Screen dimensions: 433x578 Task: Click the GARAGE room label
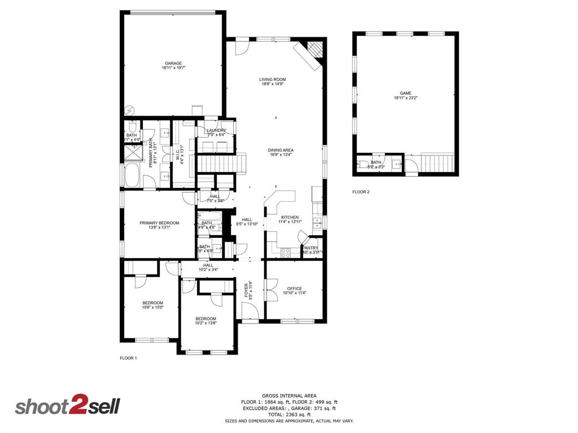[x=173, y=63]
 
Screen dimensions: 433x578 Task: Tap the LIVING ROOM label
[x=273, y=79]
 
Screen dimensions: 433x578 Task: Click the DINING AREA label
[x=281, y=150]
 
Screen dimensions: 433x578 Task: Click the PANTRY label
[x=310, y=248]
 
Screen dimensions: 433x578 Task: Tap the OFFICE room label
[x=294, y=289]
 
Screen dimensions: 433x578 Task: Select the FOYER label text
[x=247, y=290]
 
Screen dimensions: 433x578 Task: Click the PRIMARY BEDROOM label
[x=159, y=223]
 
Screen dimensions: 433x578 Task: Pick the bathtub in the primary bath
[x=132, y=175]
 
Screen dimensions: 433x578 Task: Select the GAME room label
[x=405, y=94]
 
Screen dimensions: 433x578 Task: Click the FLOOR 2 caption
[x=361, y=192]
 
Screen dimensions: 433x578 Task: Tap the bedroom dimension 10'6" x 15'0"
[x=152, y=308]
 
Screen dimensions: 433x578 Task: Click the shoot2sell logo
[x=67, y=406]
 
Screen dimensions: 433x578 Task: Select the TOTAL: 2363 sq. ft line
[x=289, y=414]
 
